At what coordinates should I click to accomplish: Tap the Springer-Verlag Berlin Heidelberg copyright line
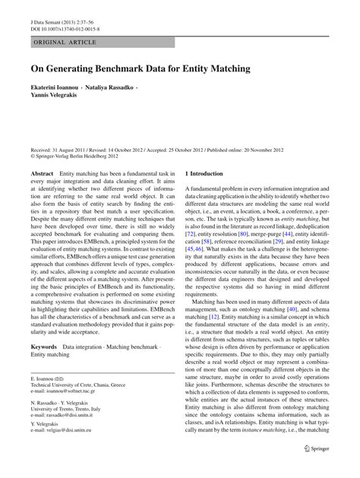coord(74,158)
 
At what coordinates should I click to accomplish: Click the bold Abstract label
coord(42,174)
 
